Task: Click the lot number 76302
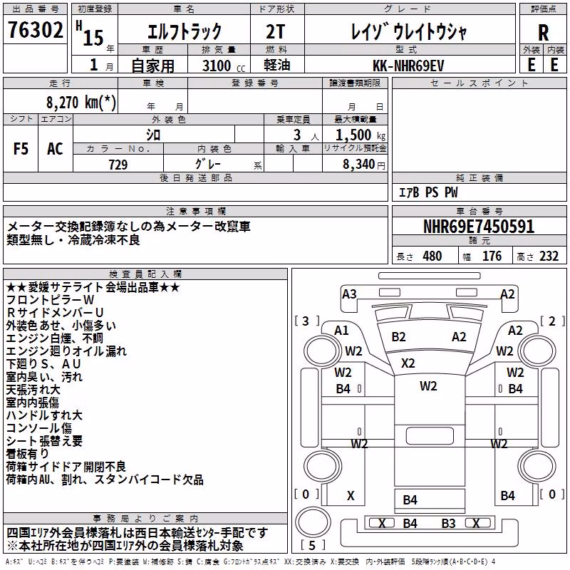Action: click(35, 29)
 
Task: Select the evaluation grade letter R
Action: click(543, 33)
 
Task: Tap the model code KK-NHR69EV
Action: click(408, 66)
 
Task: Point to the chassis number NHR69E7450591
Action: click(479, 227)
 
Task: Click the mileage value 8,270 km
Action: click(81, 103)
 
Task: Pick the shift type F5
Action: click(21, 149)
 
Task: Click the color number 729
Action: click(118, 165)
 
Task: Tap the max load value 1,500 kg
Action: click(361, 135)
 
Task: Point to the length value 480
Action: click(432, 256)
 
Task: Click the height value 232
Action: click(549, 256)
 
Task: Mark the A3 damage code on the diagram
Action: click(349, 294)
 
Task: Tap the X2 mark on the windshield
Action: click(408, 363)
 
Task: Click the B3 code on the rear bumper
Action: click(448, 523)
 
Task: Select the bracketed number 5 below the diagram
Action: click(312, 545)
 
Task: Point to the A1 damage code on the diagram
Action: click(341, 331)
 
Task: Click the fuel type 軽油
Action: click(277, 65)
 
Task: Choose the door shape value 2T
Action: click(276, 31)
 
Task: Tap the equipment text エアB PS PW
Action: click(429, 192)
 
